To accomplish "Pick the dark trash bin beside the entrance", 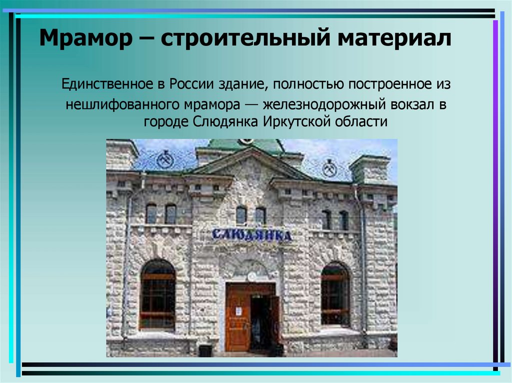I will point(205,350).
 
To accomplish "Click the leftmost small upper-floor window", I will point(151,214).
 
